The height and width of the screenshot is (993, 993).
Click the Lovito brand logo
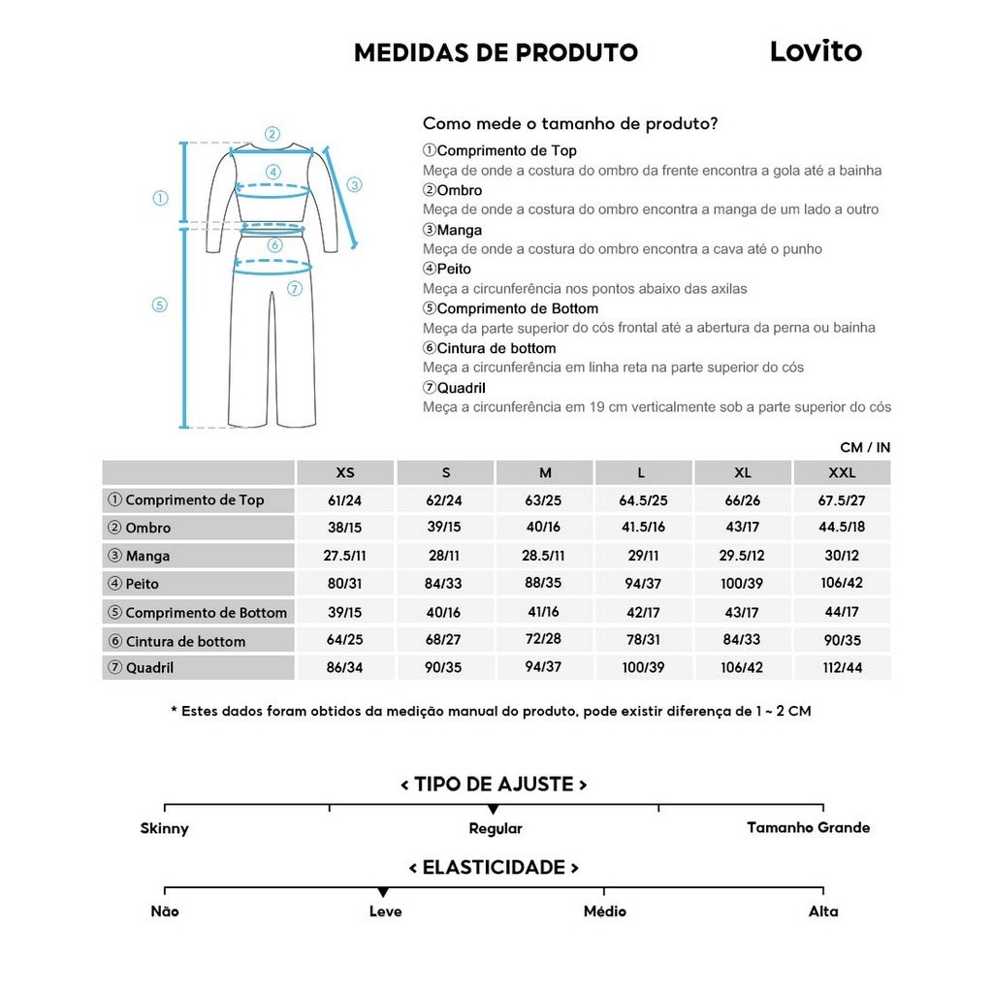point(815,51)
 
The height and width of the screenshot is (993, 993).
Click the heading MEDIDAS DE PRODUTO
point(496,52)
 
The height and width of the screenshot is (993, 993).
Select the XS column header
point(345,473)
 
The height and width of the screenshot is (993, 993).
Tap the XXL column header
point(842,473)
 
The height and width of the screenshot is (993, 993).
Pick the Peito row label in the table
point(142,584)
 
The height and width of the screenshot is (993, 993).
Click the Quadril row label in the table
point(149,668)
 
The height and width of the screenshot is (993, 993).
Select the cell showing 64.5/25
point(644,500)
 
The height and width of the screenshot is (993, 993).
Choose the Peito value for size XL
point(742,584)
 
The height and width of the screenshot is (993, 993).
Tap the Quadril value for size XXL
point(842,668)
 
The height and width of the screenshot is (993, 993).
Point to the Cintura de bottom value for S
point(444,640)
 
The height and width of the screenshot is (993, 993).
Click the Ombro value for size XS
point(344,529)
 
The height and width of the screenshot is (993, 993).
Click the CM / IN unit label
point(865,447)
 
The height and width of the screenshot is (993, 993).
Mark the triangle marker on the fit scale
point(494,809)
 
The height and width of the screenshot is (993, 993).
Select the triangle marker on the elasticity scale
point(383,892)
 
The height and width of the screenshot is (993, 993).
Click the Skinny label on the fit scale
point(165,828)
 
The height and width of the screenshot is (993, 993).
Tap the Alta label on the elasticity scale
point(823,912)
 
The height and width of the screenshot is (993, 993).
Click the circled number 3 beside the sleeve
point(354,184)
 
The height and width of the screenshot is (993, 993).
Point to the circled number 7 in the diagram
point(295,288)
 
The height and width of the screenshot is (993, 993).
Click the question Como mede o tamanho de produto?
point(570,124)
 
